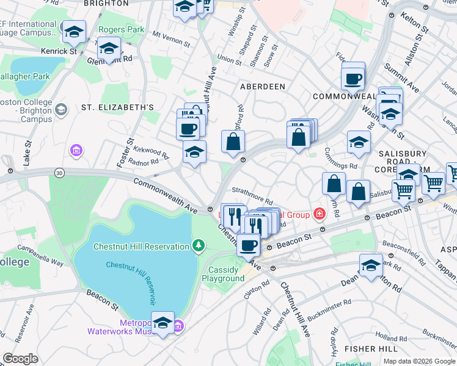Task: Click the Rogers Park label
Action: pos(126,29)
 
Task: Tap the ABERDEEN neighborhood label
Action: pos(262,87)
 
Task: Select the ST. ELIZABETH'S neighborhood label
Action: pos(117,107)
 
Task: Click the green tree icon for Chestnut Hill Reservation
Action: pos(198,246)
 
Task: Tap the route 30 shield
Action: pos(59,173)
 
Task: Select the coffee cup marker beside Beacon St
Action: pos(248,245)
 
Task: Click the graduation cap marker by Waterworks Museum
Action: pos(163,323)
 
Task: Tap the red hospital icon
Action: pos(319,213)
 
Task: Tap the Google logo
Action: pos(20,358)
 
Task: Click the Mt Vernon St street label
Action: pos(169,40)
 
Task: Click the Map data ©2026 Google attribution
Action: pos(419,361)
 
